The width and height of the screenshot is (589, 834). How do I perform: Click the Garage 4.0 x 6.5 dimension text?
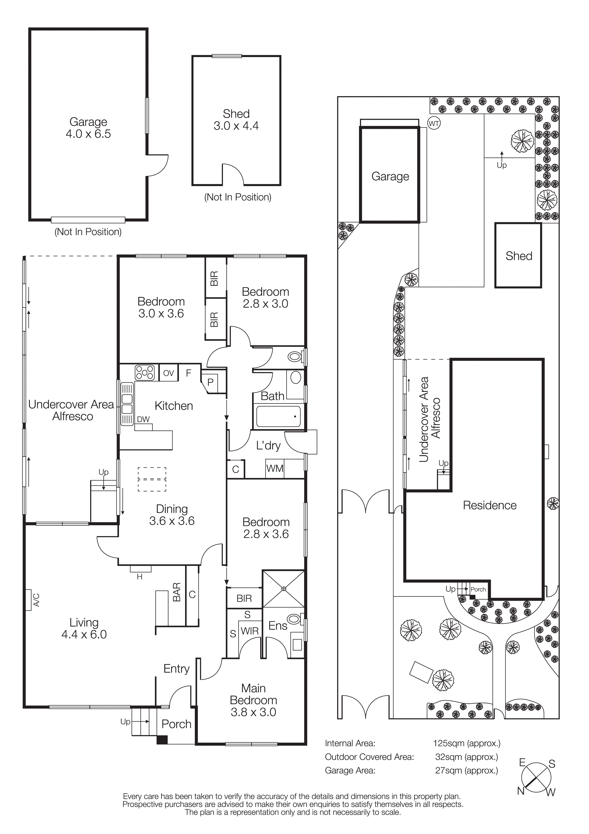tap(88, 134)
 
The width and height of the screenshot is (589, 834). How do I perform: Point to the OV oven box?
tap(168, 373)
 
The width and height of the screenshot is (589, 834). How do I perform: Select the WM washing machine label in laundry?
tap(275, 469)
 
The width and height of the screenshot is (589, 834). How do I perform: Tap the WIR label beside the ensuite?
tap(250, 631)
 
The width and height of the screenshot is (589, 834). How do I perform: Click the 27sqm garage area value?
tap(466, 771)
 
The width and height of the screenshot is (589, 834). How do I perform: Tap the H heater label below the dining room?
tap(139, 577)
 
